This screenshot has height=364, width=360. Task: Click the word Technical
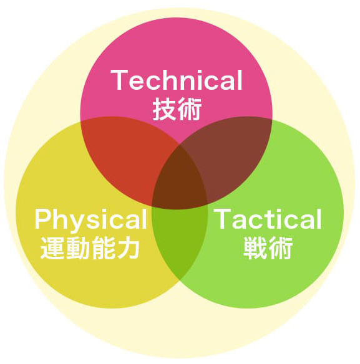[x=177, y=80]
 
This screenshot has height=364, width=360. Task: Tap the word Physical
[x=91, y=220]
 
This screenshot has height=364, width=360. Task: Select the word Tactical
[x=268, y=219]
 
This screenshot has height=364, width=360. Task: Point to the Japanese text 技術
[x=177, y=109]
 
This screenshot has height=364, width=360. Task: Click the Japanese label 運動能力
[x=90, y=248]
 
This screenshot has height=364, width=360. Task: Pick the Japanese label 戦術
[x=268, y=247]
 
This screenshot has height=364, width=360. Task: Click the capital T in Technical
[x=119, y=80]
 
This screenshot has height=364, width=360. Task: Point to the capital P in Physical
[x=43, y=219]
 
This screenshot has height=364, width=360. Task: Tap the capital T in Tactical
[x=222, y=219]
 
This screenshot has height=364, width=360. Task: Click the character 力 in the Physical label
[x=128, y=248]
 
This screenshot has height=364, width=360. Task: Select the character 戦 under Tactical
[x=255, y=247]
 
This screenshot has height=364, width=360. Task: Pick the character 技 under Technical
[x=164, y=109]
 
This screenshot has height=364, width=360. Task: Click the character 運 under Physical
[x=52, y=248]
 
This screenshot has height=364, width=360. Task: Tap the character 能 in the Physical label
[x=103, y=248]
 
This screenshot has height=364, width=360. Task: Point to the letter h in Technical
[x=162, y=80]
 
